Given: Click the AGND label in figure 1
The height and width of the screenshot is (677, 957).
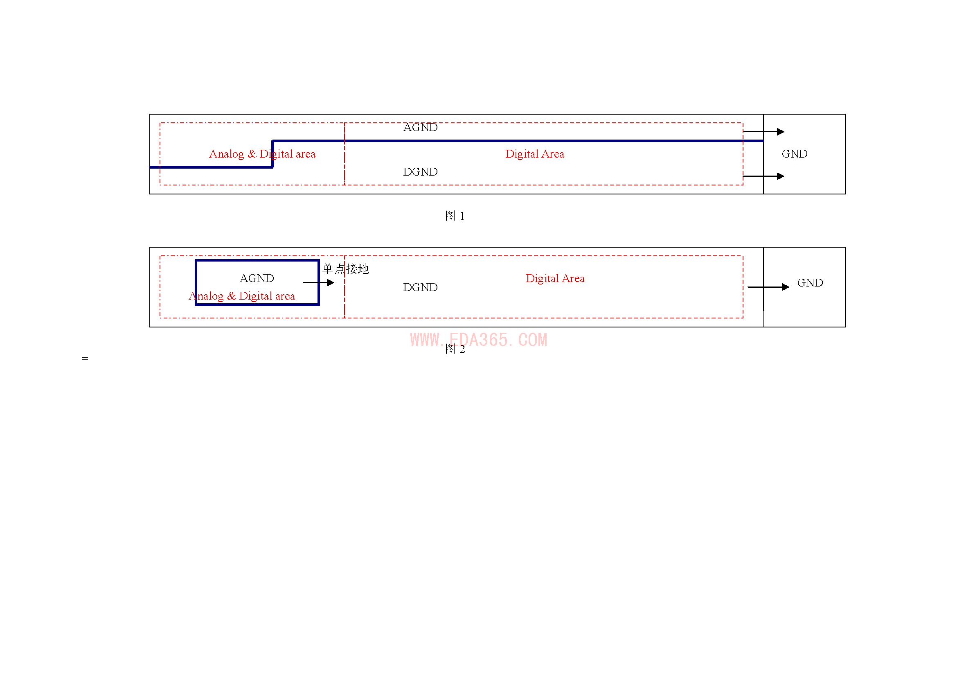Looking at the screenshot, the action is (420, 127).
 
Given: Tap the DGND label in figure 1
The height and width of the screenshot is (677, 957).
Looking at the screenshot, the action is (420, 172).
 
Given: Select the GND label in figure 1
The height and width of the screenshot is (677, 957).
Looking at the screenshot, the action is (795, 154).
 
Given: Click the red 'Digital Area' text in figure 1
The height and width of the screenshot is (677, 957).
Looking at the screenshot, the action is (534, 154).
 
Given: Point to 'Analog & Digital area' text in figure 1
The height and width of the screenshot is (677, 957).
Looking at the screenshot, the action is (262, 154).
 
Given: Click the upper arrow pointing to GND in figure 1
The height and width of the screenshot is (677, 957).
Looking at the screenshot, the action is (763, 132).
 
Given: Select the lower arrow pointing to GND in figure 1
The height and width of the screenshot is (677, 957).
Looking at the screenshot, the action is (763, 176).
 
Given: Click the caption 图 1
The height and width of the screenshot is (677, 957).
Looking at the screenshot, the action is (455, 216).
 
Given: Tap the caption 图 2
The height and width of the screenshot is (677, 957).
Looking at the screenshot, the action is (455, 349).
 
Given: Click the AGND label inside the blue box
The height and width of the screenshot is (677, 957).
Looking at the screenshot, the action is (257, 278).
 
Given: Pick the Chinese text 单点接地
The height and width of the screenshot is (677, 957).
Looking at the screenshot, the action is (346, 269).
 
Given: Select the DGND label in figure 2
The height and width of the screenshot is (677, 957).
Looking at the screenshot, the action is (420, 287).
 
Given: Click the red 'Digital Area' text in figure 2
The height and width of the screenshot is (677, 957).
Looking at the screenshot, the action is (555, 278).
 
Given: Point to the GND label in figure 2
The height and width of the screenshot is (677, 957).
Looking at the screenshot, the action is (810, 283).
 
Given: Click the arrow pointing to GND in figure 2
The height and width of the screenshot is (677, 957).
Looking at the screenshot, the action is (769, 287).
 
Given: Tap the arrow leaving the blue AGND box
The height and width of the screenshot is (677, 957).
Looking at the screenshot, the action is (318, 283).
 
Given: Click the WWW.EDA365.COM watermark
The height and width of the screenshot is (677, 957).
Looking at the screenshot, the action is (479, 340).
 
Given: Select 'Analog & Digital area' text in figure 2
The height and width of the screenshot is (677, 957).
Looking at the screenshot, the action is (242, 296).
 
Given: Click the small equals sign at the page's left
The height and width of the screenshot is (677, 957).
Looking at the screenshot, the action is (85, 359).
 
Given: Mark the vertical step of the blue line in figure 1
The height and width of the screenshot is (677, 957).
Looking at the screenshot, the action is (272, 154).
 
